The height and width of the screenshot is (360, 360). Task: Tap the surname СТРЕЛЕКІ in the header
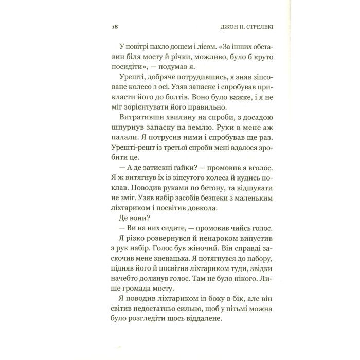click(x=231, y=26)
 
